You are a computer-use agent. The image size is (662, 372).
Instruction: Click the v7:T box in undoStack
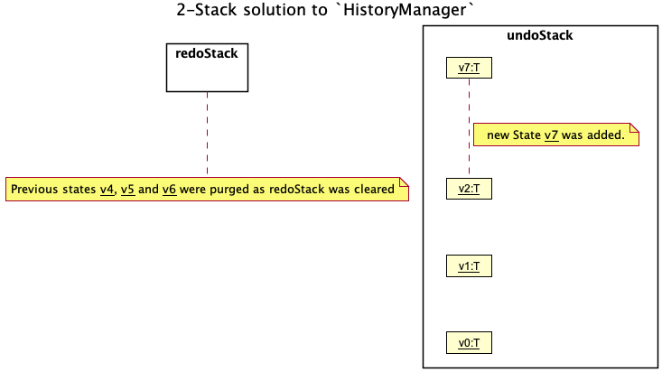pos(469,67)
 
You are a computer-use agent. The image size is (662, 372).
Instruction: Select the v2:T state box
pos(469,189)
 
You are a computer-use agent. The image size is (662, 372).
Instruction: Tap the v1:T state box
pos(469,265)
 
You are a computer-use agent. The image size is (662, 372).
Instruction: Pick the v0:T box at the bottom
pos(469,342)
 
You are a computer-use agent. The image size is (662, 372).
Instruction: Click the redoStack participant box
pos(207,68)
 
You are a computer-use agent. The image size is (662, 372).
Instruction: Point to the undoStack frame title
pos(540,36)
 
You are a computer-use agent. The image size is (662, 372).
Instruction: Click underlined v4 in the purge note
pos(107,190)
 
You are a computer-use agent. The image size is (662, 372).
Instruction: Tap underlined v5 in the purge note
pos(128,190)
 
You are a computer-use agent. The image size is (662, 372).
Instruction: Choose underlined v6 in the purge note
pos(169,190)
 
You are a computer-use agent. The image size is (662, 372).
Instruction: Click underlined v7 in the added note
pos(552,135)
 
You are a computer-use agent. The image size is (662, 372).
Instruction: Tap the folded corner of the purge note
pos(405,183)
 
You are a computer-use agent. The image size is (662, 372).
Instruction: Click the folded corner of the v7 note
pos(635,128)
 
